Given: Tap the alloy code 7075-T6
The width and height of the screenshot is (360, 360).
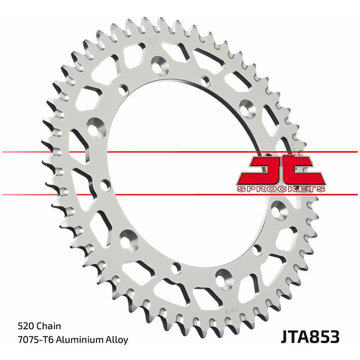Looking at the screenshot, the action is (x=35, y=340).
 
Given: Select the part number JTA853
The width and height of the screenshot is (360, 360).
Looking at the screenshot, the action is (x=310, y=337).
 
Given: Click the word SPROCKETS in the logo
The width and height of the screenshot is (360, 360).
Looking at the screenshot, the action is (x=281, y=189).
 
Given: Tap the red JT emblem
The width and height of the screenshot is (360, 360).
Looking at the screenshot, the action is (x=281, y=170).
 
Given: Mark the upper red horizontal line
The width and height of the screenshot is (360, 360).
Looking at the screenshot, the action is (x=180, y=152).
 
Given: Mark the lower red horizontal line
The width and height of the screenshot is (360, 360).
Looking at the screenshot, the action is (x=180, y=194).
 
